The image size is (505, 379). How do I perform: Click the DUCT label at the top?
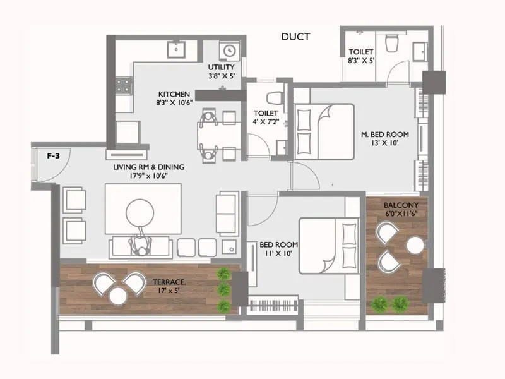pyautogui.click(x=295, y=37)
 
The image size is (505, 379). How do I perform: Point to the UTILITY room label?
pyautogui.click(x=221, y=67)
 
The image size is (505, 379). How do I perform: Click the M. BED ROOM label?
pyautogui.click(x=385, y=134)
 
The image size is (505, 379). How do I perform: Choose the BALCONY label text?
pyautogui.click(x=396, y=205)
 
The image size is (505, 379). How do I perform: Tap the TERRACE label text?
pyautogui.click(x=169, y=282)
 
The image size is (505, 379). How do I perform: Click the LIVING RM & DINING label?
pyautogui.click(x=149, y=167)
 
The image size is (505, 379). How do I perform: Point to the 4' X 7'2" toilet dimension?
pyautogui.click(x=266, y=122)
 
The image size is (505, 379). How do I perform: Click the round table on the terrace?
pyautogui.click(x=118, y=295)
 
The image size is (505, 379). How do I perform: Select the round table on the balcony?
pyautogui.click(x=415, y=245)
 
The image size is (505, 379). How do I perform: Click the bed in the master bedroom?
pyautogui.click(x=324, y=131)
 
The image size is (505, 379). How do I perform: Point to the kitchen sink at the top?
pyautogui.click(x=175, y=49)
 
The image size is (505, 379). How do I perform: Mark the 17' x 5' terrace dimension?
pyautogui.click(x=169, y=292)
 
